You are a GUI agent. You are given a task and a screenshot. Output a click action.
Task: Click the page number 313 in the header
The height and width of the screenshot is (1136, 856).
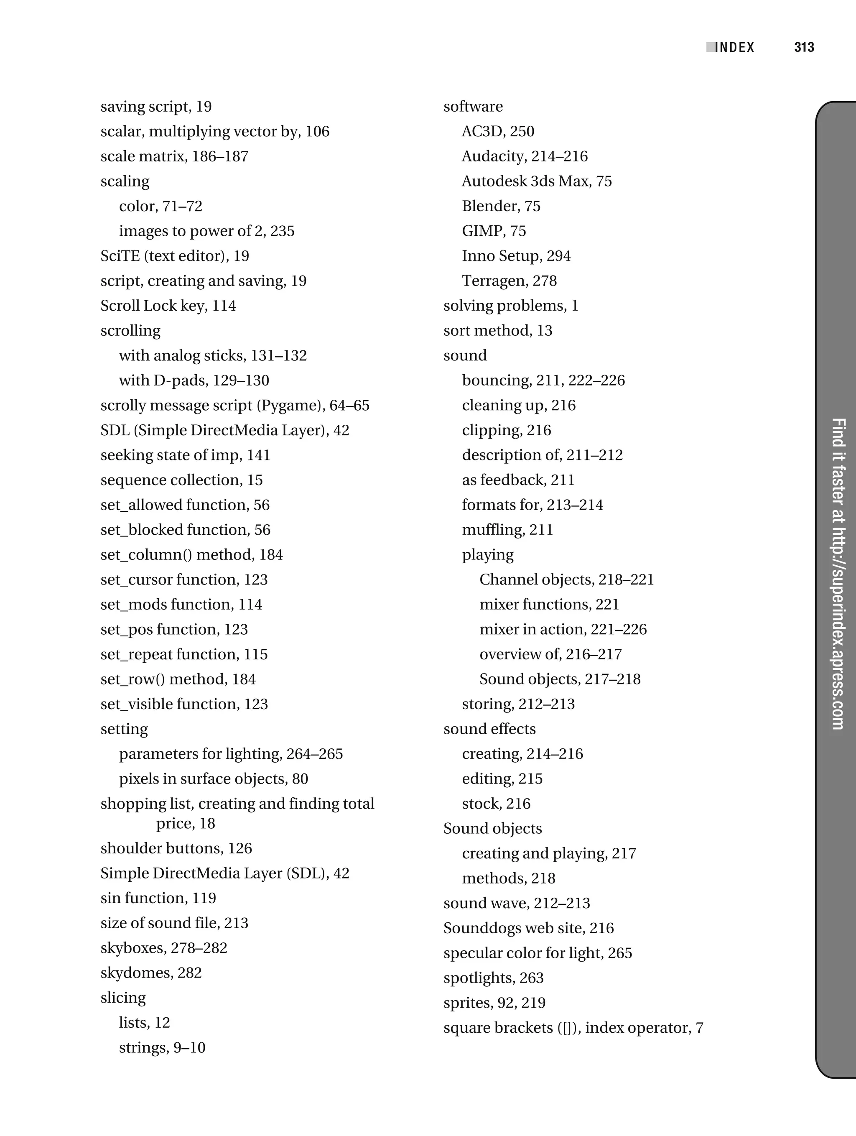804,48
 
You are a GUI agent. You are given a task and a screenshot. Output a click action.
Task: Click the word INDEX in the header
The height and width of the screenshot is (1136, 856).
735,48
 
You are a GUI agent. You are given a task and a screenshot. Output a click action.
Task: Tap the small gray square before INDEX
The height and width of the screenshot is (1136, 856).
710,47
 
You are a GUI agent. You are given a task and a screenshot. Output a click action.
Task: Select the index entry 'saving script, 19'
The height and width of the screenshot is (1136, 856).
156,107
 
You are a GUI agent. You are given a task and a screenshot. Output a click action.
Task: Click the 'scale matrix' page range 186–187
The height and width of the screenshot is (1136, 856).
220,157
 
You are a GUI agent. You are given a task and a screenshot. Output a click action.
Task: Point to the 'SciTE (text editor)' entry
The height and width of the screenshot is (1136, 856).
175,256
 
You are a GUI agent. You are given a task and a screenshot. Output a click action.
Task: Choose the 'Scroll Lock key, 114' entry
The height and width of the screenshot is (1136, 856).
168,306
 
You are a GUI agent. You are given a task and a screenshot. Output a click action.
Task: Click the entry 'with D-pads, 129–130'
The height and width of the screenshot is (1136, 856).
194,380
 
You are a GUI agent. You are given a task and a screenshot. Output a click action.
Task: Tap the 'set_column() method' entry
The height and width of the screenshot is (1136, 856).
191,555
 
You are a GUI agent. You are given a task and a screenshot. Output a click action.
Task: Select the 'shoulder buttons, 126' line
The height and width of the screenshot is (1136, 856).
176,848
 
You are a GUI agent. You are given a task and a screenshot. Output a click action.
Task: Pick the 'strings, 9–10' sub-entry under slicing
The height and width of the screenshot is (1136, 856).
162,1048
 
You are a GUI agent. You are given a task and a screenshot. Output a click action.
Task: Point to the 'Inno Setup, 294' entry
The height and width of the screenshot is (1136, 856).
516,256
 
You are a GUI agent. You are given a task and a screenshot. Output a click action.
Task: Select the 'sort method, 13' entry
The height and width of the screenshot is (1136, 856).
497,331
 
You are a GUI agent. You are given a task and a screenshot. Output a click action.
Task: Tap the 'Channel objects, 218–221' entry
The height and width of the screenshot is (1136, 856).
566,580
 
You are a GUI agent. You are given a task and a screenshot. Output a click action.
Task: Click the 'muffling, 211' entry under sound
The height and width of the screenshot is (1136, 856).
507,530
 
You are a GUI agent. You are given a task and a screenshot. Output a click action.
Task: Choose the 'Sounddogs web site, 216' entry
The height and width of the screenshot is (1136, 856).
528,929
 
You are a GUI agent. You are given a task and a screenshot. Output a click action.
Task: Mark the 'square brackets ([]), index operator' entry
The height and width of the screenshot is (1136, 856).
573,1028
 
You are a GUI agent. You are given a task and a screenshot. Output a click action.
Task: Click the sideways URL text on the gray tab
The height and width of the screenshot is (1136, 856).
838,573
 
